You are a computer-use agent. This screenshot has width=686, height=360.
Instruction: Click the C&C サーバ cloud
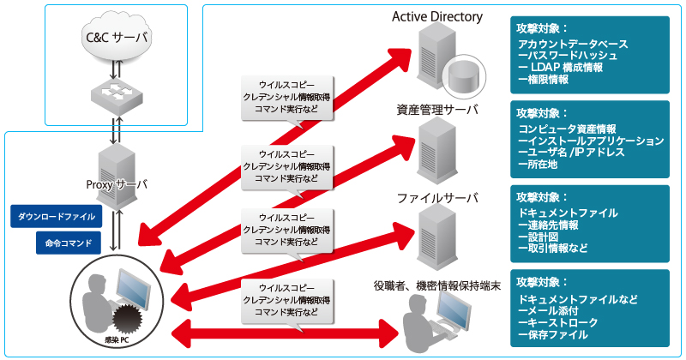(x=116, y=38)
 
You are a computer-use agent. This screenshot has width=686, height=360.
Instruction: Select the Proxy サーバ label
(x=117, y=184)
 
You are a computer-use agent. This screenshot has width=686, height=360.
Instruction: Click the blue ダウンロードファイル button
(x=57, y=216)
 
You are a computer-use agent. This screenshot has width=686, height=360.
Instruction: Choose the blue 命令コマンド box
(x=69, y=243)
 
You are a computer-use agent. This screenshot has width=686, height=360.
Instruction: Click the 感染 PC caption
(x=117, y=340)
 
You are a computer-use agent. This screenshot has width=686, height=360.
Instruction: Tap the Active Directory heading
(x=437, y=16)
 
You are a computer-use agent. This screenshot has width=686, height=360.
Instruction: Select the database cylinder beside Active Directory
(x=464, y=75)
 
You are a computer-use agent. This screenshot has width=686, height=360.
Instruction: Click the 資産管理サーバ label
(x=437, y=110)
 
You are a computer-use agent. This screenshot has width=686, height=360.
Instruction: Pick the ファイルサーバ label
(x=437, y=198)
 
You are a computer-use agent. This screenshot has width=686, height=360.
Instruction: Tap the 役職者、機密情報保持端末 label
(x=437, y=286)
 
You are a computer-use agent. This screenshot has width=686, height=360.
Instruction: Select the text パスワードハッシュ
(x=568, y=56)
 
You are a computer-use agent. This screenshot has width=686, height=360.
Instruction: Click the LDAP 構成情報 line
(x=561, y=68)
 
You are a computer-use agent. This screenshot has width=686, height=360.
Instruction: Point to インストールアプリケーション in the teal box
(x=591, y=141)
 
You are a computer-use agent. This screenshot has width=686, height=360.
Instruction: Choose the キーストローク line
(x=558, y=323)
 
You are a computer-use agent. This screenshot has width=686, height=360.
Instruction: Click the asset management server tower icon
(x=436, y=150)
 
